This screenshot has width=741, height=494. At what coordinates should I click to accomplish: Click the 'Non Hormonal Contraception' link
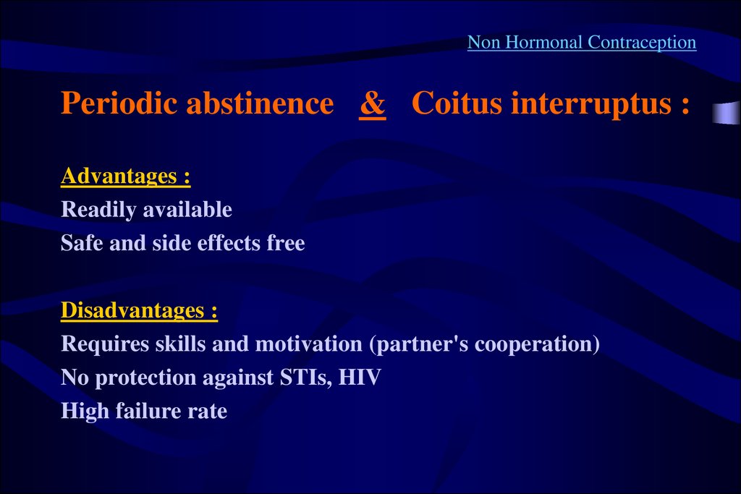click(x=582, y=43)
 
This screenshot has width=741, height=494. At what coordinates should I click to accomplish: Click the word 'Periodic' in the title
click(x=119, y=103)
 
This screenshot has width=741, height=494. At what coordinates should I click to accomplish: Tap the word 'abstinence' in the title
click(x=260, y=103)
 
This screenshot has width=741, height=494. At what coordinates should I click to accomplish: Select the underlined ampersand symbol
click(x=373, y=103)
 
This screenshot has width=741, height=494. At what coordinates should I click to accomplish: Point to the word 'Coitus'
click(x=457, y=103)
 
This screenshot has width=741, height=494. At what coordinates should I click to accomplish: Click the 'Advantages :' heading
click(x=126, y=176)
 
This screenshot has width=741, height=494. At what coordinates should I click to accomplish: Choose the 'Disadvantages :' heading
click(x=140, y=311)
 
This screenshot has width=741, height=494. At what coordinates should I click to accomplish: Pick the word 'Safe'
click(x=82, y=243)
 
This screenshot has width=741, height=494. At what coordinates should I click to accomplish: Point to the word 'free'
click(x=286, y=243)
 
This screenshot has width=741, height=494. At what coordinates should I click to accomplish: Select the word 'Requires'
click(x=105, y=344)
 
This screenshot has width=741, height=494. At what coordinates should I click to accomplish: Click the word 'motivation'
click(x=308, y=344)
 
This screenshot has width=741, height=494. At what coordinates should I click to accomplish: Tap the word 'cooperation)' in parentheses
click(x=538, y=344)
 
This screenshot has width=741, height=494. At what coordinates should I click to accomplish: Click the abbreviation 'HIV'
click(x=360, y=378)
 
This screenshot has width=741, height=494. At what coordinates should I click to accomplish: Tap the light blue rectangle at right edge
click(x=727, y=113)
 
